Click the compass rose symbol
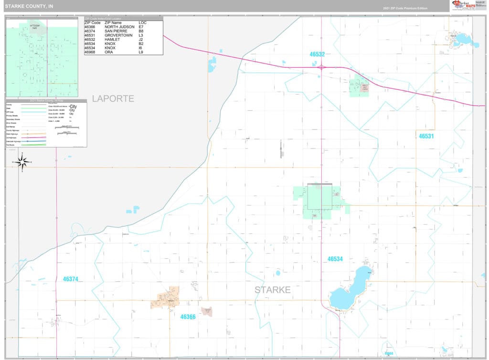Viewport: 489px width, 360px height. click(21, 162)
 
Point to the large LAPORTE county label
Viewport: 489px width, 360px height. click(113, 99)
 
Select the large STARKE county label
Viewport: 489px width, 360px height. click(272, 290)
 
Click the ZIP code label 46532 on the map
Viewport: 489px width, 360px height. click(317, 54)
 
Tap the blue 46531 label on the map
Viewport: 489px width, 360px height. click(426, 136)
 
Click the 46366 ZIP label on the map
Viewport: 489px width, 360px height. click(188, 317)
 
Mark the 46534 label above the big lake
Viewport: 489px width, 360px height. click(335, 259)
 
